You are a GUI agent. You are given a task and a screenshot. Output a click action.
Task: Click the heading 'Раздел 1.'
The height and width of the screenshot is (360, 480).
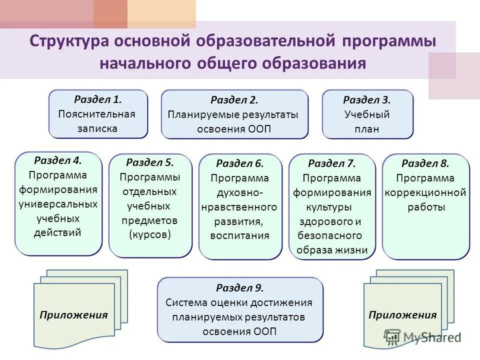click(98, 99)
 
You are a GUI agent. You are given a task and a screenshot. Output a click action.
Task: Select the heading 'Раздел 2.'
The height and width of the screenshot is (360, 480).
click(234, 100)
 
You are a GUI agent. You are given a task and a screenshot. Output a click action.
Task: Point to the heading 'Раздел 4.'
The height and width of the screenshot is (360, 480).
click(58, 160)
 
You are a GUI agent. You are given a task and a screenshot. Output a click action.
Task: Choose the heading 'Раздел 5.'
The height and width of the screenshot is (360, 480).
click(150, 162)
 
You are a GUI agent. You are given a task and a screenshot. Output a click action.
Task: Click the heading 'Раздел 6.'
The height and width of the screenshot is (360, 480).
click(240, 163)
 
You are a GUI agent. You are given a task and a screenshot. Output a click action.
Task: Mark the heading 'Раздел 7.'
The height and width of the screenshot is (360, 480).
click(331, 163)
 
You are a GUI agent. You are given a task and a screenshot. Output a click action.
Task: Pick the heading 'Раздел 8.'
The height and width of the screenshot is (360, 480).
click(425, 163)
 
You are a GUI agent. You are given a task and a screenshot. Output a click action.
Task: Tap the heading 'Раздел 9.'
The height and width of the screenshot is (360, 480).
click(240, 288)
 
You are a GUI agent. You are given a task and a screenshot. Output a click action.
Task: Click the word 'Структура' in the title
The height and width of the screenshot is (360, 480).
click(69, 41)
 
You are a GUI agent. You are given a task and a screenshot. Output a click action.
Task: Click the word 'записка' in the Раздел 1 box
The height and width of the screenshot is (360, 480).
click(97, 128)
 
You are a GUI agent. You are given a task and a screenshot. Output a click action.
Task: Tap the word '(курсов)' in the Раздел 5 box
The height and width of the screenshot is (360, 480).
click(150, 235)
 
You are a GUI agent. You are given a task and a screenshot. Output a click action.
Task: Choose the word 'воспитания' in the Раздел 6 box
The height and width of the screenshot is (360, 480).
click(240, 235)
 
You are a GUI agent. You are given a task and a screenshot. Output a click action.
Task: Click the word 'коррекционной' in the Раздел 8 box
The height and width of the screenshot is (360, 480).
click(425, 192)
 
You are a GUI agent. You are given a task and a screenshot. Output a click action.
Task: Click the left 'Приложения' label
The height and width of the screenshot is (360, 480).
click(74, 315)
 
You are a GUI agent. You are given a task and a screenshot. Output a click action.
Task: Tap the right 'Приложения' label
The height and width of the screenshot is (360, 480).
click(402, 315)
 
